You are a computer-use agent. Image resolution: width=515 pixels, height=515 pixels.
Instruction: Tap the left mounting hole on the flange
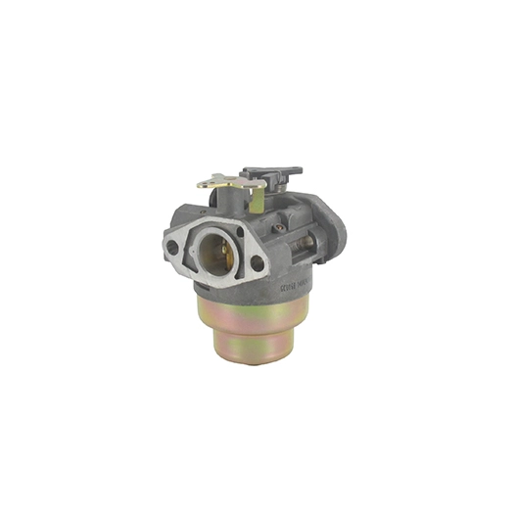coord(173,248)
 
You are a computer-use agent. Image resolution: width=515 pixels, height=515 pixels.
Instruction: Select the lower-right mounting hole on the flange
coord(257,262)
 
